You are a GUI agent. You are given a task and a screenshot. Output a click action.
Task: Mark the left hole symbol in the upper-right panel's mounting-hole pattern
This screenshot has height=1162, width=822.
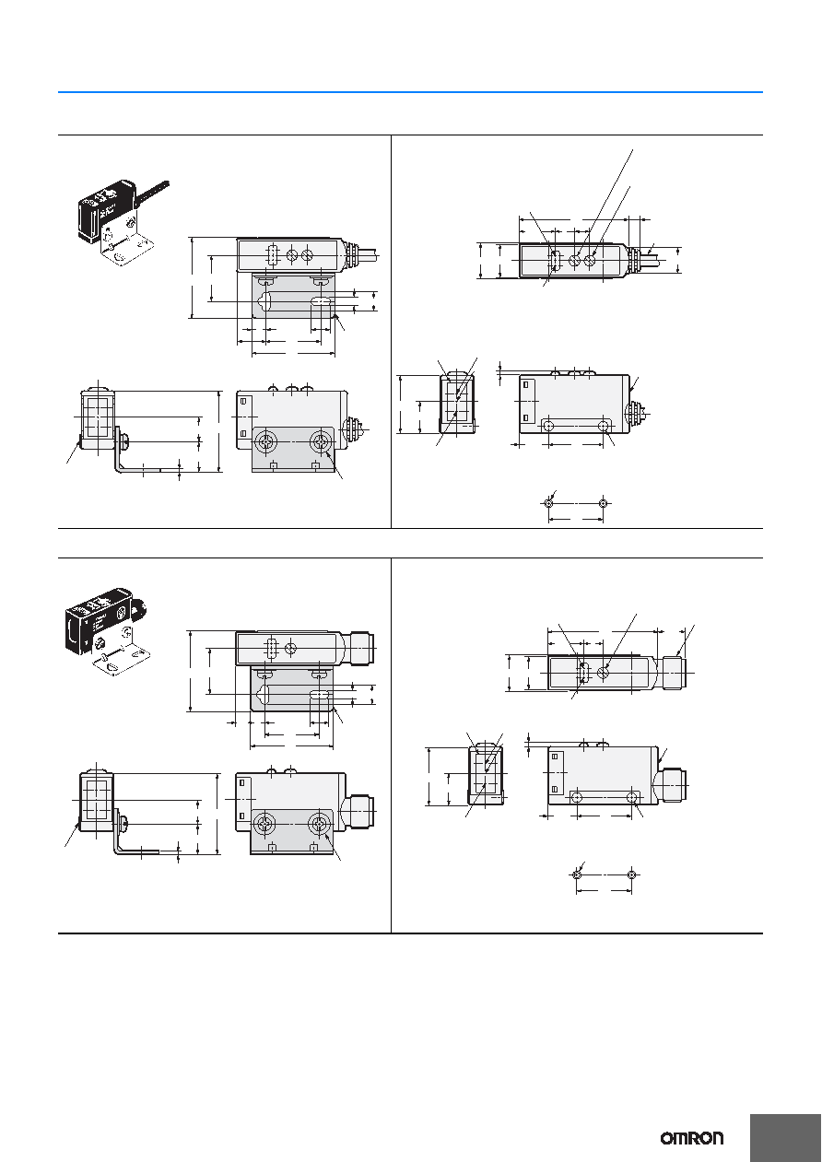click(548, 503)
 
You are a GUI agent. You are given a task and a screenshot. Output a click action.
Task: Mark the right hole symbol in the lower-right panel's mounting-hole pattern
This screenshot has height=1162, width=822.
click(631, 874)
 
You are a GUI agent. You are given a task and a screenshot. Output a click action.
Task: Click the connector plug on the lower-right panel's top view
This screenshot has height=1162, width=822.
click(674, 673)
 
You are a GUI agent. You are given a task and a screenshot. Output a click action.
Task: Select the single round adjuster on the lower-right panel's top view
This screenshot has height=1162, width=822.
click(603, 673)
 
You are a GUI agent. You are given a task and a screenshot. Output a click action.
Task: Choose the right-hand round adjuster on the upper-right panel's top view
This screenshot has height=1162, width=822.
click(590, 261)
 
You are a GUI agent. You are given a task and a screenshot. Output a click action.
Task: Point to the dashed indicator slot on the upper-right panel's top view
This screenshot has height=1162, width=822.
click(555, 261)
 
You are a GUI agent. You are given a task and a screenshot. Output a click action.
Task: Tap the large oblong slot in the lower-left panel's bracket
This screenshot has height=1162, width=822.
click(320, 695)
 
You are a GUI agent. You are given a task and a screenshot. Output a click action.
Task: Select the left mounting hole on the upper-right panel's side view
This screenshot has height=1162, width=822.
click(548, 427)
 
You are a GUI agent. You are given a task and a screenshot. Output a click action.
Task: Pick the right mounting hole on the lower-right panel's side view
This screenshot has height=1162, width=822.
click(631, 797)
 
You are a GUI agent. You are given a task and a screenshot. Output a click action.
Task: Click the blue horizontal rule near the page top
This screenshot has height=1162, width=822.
click(410, 92)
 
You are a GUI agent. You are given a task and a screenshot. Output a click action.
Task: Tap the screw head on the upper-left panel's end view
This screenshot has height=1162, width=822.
click(125, 442)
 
